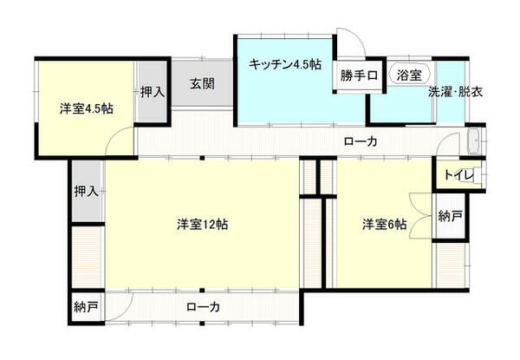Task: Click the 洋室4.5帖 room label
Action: [86, 109]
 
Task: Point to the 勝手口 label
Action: [358, 75]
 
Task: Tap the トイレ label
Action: [458, 175]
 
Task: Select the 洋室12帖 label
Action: [202, 225]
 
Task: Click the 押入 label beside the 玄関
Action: [153, 90]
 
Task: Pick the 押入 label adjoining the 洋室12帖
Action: [86, 190]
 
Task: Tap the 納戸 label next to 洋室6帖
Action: [451, 216]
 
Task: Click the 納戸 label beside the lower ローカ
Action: [86, 306]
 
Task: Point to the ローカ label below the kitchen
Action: [360, 141]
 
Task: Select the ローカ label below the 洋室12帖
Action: [202, 306]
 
